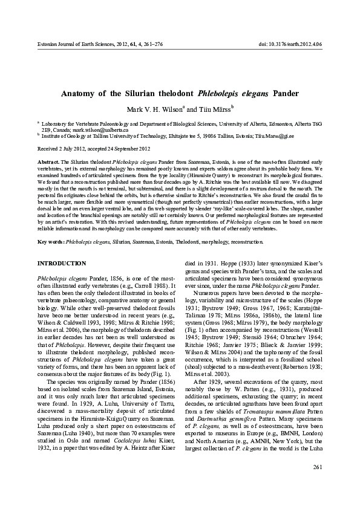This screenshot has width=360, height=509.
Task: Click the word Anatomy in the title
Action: (x=83, y=94)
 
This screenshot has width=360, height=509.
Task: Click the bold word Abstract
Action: (x=48, y=164)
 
